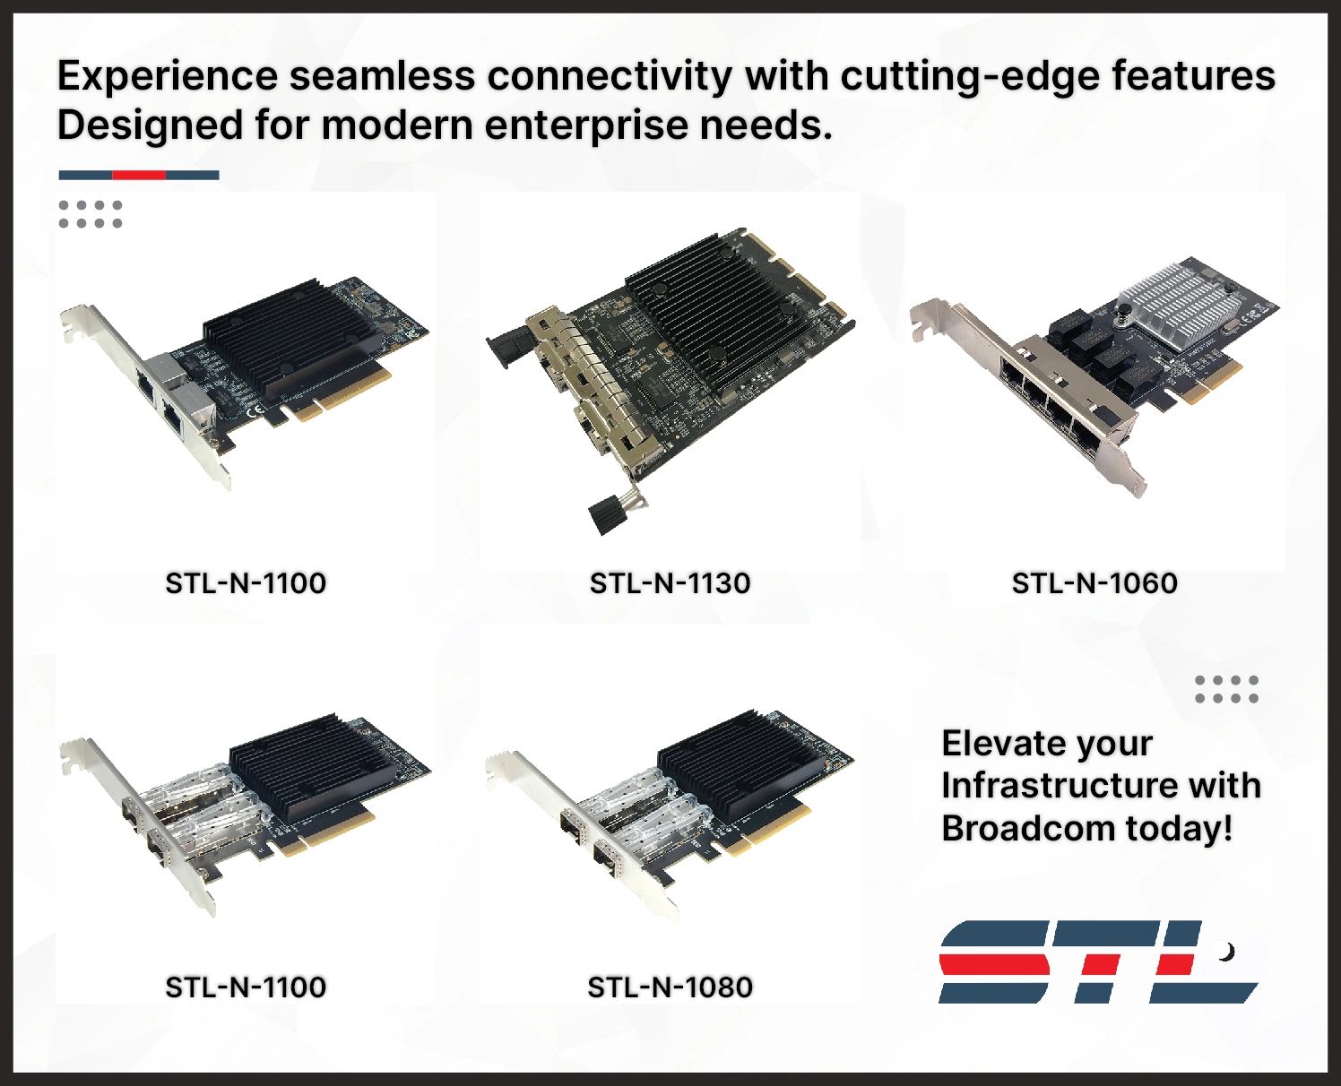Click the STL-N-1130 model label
pos(670,583)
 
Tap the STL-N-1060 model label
pos(1094,583)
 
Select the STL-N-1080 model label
pos(670,987)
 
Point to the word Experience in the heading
pos(168,76)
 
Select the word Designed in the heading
pos(150,125)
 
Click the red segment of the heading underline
pos(139,176)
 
